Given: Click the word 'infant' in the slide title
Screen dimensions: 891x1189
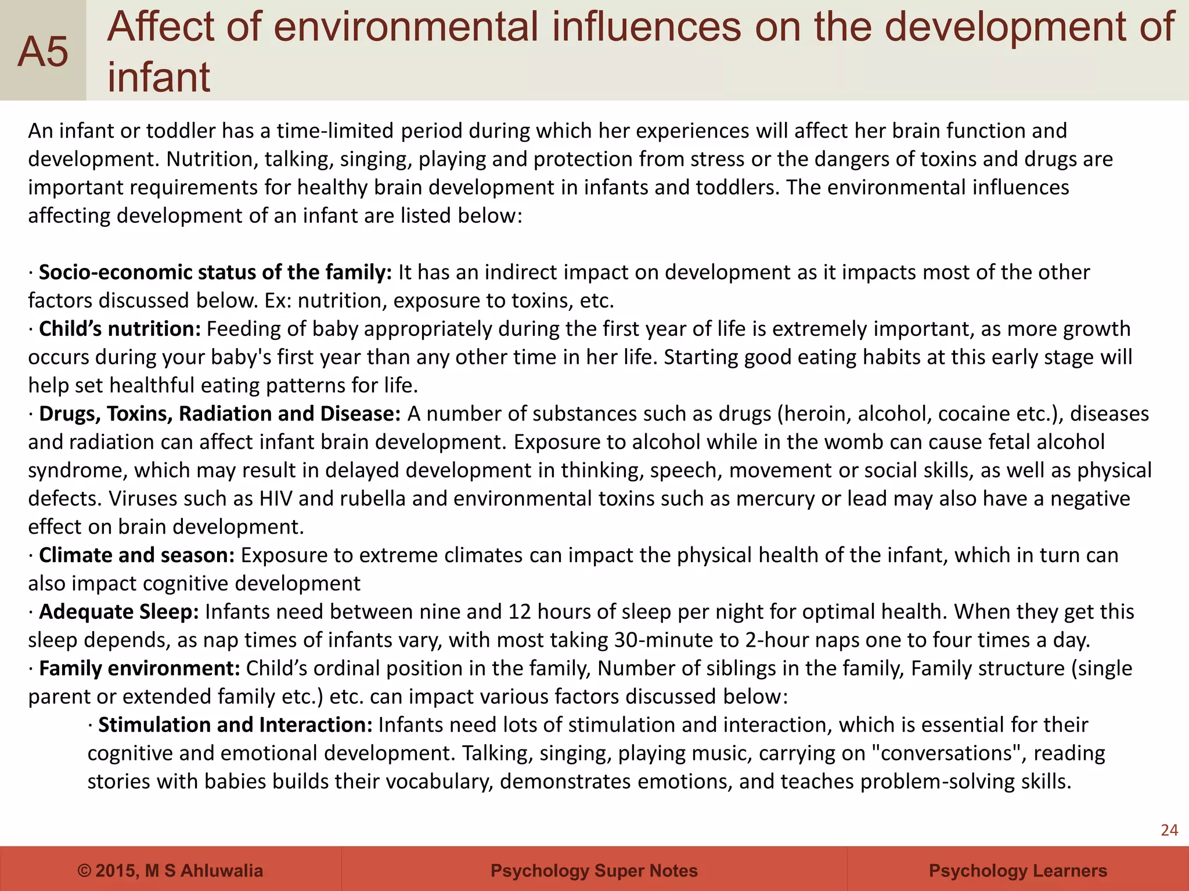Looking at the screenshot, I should [x=158, y=77].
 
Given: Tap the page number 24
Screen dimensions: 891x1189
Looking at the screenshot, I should [x=1169, y=830].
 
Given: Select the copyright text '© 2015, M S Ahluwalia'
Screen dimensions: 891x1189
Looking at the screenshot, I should [x=170, y=871].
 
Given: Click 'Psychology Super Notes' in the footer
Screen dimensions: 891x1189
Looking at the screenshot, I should [x=594, y=871].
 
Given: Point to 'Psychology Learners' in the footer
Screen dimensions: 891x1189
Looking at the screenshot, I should [x=1018, y=871].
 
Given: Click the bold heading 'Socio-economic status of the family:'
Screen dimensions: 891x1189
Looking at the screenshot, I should [x=215, y=272].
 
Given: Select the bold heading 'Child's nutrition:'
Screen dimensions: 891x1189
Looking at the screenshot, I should [x=120, y=329].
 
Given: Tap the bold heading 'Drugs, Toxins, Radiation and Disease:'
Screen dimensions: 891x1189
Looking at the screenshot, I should [x=219, y=414].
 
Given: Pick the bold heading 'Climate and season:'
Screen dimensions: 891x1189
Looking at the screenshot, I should [x=136, y=555].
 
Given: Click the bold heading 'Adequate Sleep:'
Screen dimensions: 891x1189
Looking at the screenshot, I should [x=119, y=611].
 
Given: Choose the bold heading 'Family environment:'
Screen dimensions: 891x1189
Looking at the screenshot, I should [x=139, y=668].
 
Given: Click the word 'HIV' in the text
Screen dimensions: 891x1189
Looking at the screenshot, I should [x=276, y=498].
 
